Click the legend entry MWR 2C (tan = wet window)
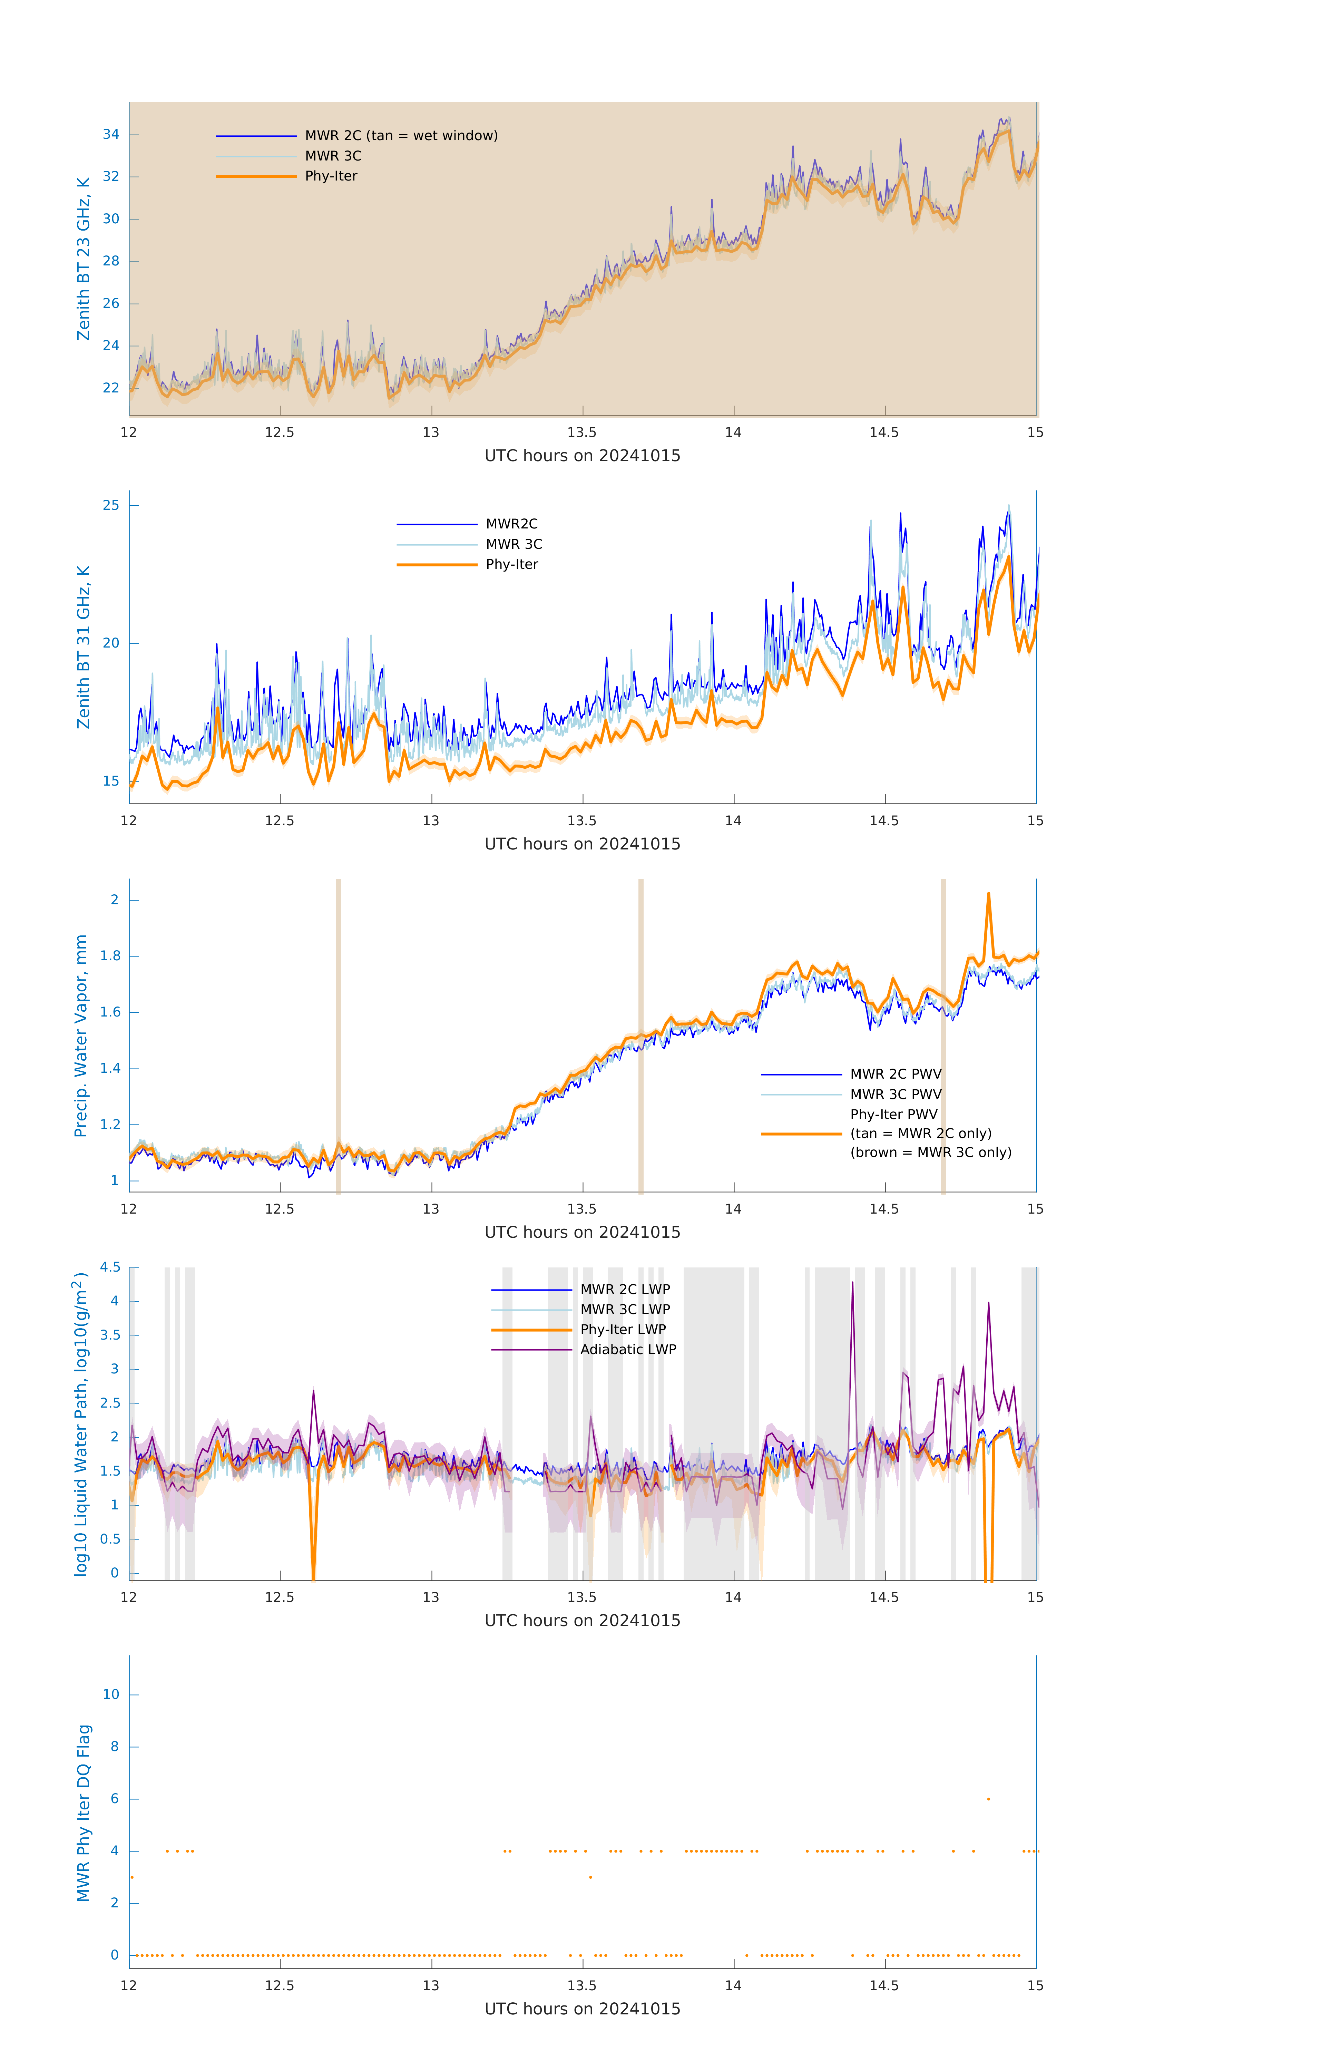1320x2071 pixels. (x=401, y=136)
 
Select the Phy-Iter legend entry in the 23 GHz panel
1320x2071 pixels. (x=331, y=176)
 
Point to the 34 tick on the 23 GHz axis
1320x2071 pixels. (x=111, y=134)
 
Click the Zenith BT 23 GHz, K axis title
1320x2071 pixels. (x=84, y=259)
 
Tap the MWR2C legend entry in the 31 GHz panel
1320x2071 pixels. (x=512, y=524)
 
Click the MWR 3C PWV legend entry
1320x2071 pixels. (x=895, y=1094)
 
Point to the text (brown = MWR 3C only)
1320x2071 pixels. (x=930, y=1153)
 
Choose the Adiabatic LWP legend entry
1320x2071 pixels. (x=628, y=1349)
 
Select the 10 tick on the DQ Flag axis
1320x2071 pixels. (x=111, y=1694)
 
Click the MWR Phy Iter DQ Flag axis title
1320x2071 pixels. (x=84, y=1813)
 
